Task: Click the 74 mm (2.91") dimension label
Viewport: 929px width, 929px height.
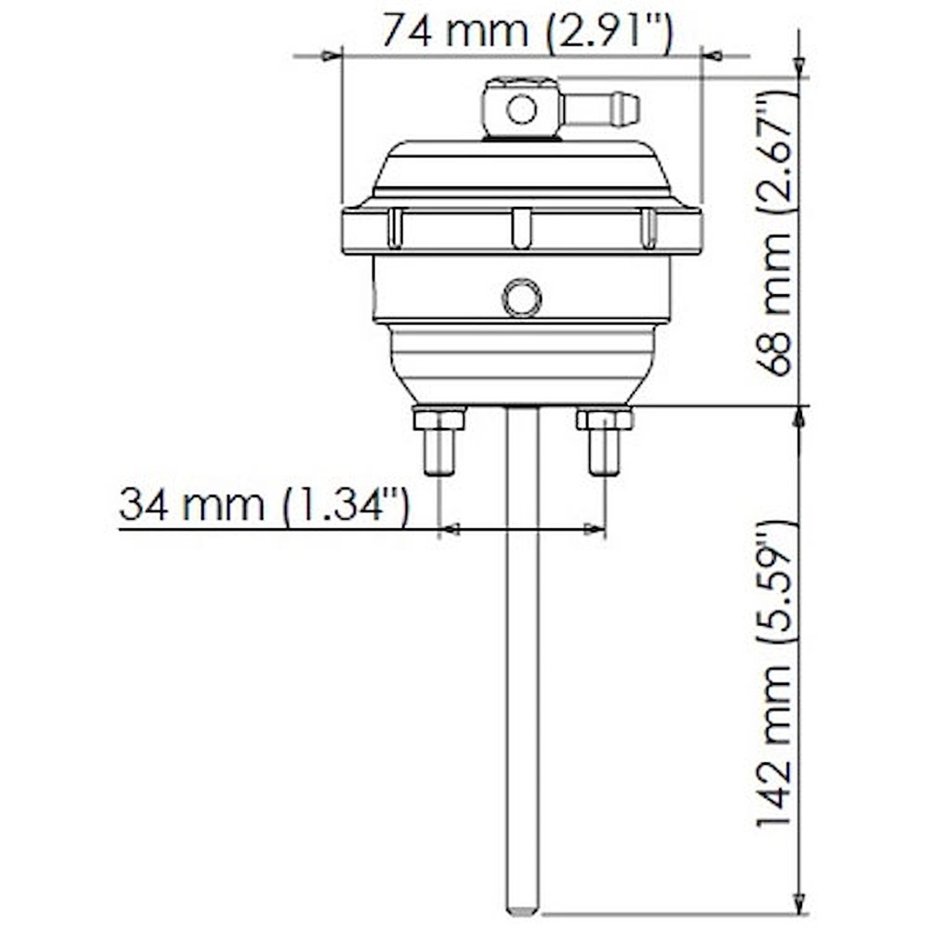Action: [x=526, y=31]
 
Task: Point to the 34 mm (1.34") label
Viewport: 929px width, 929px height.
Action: [x=263, y=504]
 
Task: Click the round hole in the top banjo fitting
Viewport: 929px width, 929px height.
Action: [x=521, y=110]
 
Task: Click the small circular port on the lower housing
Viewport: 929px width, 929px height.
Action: [x=522, y=298]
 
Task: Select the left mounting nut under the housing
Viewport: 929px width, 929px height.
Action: [x=439, y=419]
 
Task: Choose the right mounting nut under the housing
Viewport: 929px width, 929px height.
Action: [x=604, y=419]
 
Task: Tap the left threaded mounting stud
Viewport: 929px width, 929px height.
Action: [x=439, y=453]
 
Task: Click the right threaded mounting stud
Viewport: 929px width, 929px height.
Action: [x=604, y=453]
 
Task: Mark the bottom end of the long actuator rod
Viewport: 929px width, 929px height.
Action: [x=523, y=907]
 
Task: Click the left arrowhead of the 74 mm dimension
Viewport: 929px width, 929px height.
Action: [x=331, y=56]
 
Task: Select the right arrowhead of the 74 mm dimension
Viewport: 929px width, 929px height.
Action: [x=712, y=56]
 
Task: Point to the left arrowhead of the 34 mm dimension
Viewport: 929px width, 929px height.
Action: [x=449, y=529]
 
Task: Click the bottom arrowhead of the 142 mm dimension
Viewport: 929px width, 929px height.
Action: [x=799, y=904]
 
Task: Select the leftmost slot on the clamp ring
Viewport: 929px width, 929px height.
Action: [x=395, y=228]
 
